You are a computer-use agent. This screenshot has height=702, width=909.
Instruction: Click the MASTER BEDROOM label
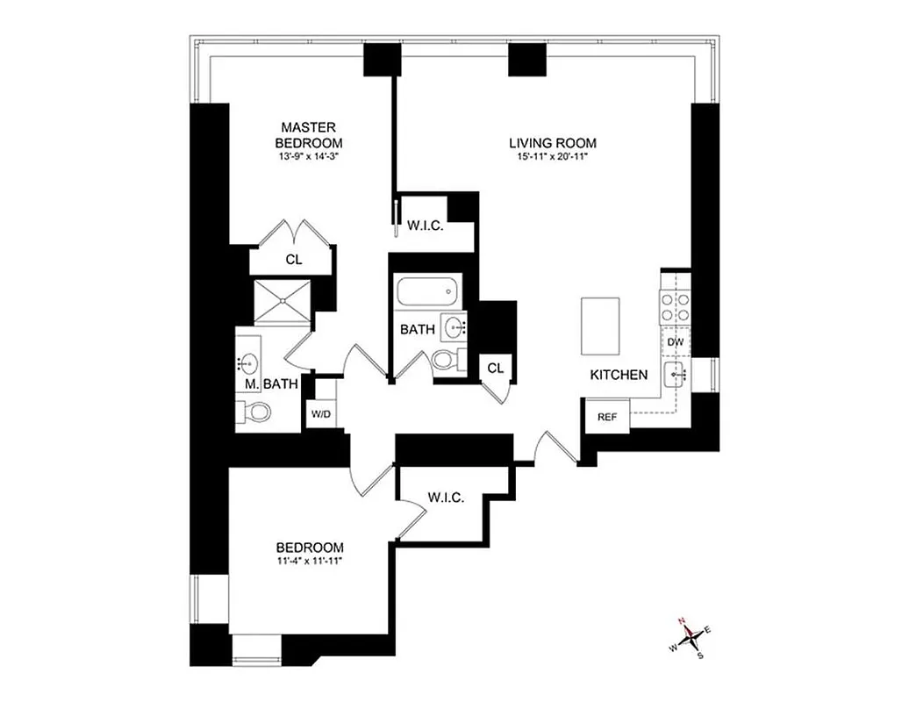click(x=308, y=135)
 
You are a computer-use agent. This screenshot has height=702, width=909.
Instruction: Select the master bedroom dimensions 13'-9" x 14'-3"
click(x=308, y=158)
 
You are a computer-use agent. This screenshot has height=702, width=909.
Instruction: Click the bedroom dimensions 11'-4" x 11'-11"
click(x=307, y=561)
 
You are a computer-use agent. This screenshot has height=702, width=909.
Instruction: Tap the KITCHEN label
click(x=619, y=375)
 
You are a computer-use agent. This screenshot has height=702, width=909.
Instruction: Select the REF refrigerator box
click(x=607, y=417)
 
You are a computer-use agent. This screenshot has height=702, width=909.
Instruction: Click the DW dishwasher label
click(x=675, y=341)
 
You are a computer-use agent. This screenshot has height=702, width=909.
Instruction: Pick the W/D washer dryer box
click(x=319, y=413)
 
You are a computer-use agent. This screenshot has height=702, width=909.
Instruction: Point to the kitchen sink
click(x=676, y=374)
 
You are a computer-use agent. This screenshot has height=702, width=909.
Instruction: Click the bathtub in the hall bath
click(x=427, y=290)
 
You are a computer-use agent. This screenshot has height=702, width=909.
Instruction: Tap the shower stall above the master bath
click(x=282, y=301)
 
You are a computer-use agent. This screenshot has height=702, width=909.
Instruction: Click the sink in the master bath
click(x=248, y=362)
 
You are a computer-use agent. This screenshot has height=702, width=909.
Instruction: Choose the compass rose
click(x=690, y=636)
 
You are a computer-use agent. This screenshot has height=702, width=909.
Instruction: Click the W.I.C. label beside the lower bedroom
click(x=446, y=498)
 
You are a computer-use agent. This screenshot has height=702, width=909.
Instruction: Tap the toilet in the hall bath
click(x=447, y=360)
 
